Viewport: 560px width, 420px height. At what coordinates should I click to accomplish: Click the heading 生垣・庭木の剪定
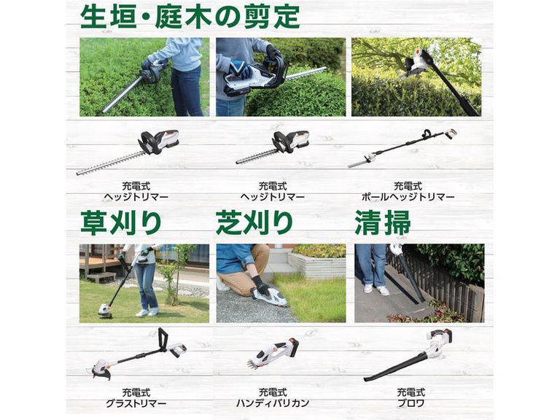coord(190,16)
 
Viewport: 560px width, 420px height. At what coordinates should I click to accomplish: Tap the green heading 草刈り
coord(121,223)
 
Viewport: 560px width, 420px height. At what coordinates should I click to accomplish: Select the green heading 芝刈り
coord(254,223)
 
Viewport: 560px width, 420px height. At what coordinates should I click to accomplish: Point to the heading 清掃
coord(383,223)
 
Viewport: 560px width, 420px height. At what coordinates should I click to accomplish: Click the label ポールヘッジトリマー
coord(408,197)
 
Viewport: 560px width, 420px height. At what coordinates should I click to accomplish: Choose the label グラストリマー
coord(136,403)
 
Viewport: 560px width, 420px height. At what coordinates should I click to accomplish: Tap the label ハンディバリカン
coord(273,403)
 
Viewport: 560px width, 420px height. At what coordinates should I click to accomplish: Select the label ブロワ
coord(411,403)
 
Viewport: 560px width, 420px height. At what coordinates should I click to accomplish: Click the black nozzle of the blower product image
coord(397,365)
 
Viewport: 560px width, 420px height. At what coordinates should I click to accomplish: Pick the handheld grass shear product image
coord(273,353)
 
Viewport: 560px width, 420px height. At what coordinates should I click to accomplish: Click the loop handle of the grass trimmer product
coord(163,338)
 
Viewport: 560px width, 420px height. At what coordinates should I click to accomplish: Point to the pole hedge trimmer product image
coord(402,148)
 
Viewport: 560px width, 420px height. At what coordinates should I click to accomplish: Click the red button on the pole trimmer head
coord(417,52)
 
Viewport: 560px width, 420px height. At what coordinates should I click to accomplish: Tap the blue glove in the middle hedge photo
coord(238,70)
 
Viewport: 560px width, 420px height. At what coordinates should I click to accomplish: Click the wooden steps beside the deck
coord(101,277)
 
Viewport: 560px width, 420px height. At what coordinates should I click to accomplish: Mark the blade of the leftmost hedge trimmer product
coord(111,163)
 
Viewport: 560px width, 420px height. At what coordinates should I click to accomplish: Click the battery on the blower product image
coord(443,336)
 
